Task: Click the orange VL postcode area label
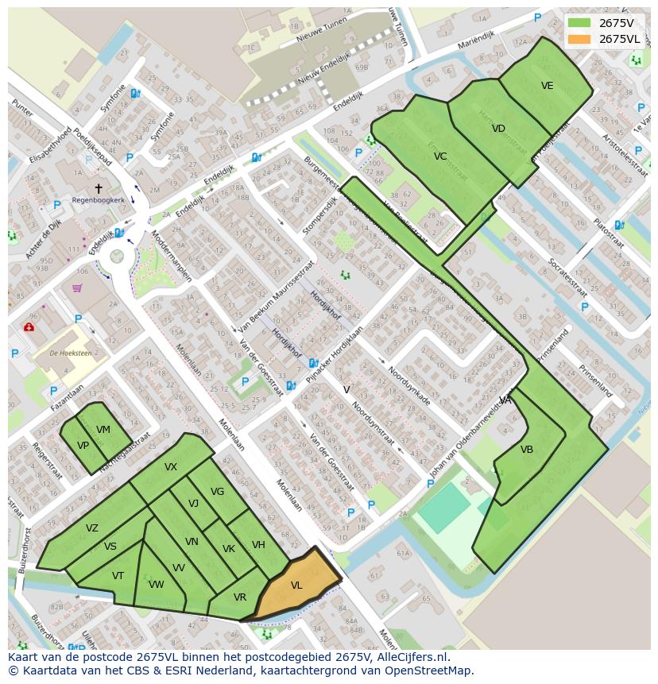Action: click(x=296, y=585)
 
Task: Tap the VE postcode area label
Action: click(x=547, y=86)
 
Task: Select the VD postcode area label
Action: click(x=498, y=129)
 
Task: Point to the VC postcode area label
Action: click(x=440, y=157)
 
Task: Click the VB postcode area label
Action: click(x=527, y=450)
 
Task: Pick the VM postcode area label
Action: click(x=103, y=430)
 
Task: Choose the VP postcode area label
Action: click(x=83, y=446)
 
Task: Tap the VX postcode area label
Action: click(x=171, y=467)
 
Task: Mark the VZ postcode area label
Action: click(x=92, y=528)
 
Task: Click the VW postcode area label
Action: click(x=156, y=585)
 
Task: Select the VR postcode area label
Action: click(x=240, y=597)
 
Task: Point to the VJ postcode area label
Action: click(x=193, y=503)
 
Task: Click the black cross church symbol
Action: click(x=99, y=188)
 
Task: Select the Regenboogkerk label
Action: click(x=97, y=200)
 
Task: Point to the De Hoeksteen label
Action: click(x=66, y=352)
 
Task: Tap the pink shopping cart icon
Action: click(x=77, y=288)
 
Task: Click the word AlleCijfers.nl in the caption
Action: click(x=411, y=657)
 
